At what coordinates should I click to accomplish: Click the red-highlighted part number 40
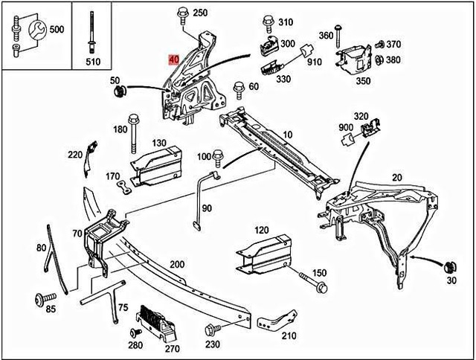173,59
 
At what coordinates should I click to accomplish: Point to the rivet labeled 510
92,30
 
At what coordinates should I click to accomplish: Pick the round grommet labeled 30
449,267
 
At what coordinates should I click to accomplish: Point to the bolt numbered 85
39,300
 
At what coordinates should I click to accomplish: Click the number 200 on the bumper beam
177,264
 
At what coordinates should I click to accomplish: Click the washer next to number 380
379,60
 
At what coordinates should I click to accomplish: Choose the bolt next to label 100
218,158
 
